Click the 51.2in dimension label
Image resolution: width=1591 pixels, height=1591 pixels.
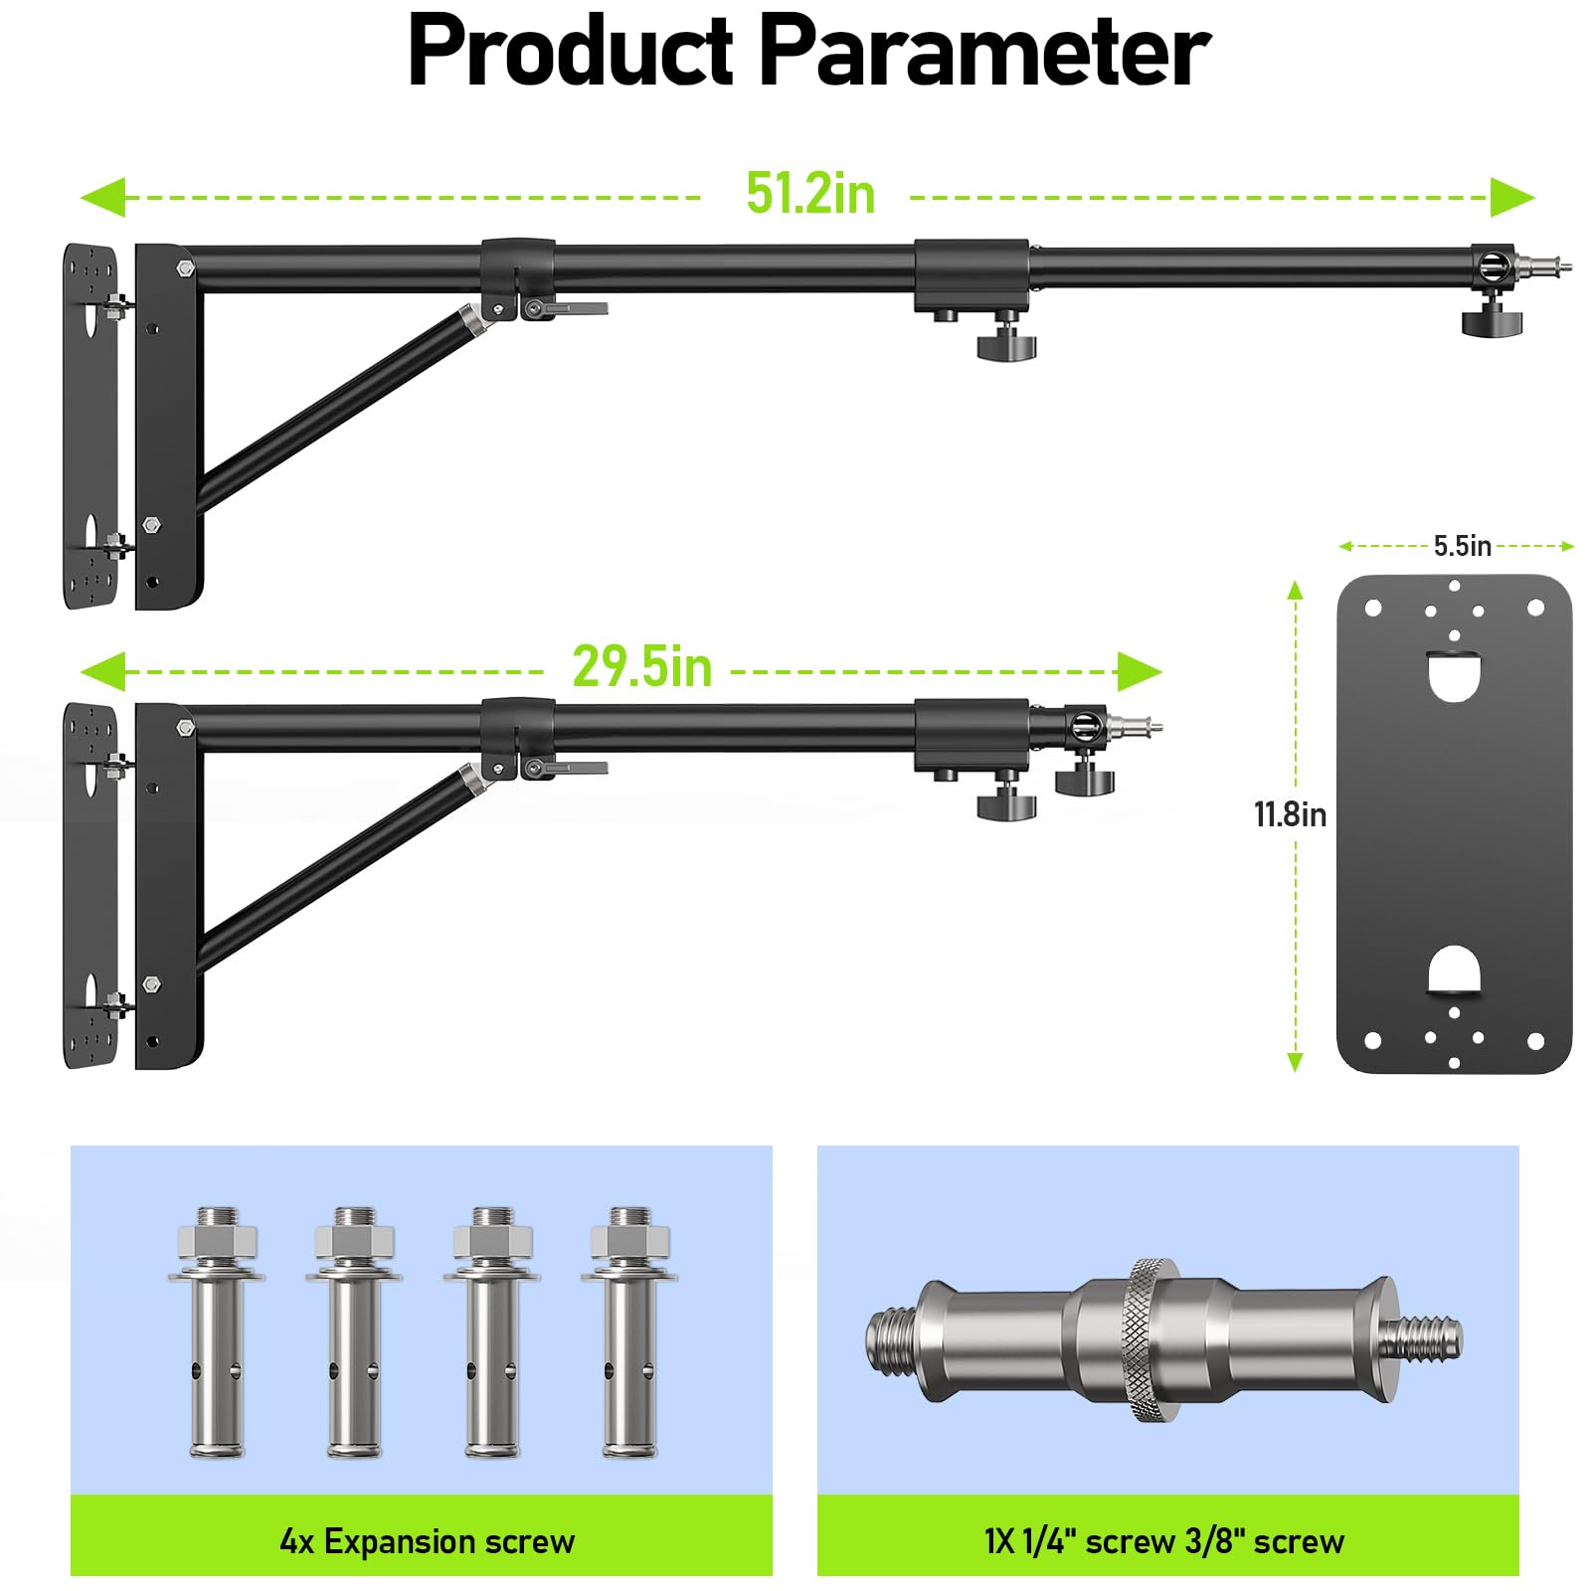pos(810,194)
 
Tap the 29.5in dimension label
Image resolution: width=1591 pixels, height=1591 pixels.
pos(642,667)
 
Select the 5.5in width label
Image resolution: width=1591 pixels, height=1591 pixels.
pos(1462,546)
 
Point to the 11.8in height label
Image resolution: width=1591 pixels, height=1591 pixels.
pos(1290,814)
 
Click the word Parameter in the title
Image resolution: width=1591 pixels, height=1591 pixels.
pos(984,52)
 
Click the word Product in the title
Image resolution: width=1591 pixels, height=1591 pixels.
pos(571,52)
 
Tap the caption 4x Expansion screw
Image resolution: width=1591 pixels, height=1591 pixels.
pos(427,1541)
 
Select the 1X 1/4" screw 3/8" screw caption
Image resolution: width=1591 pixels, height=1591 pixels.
pos(1164,1541)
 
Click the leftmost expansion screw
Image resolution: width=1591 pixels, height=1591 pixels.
pos(217,1332)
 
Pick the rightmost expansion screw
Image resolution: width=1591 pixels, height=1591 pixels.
pos(629,1332)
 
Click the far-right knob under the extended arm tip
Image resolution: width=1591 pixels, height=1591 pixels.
pos(1492,321)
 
